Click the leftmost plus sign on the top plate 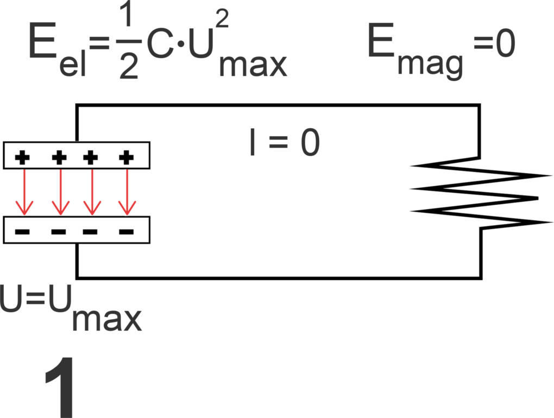point(23,158)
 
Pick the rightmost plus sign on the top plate point(126,158)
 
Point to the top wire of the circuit point(277,105)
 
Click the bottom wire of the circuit point(277,277)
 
